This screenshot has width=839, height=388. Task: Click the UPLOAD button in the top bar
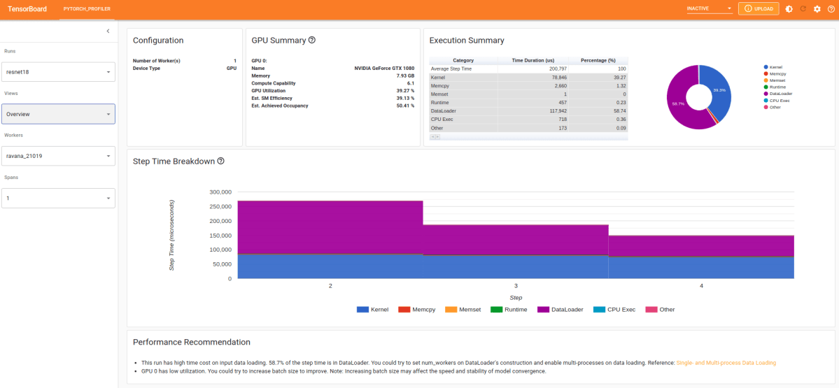(x=759, y=9)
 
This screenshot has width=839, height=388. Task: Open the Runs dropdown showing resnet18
(x=59, y=72)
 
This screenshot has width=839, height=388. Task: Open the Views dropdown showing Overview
(x=59, y=114)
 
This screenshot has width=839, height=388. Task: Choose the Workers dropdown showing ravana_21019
(x=59, y=156)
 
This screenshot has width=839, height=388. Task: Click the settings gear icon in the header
(x=817, y=9)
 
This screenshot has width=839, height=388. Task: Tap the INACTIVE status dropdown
(x=709, y=9)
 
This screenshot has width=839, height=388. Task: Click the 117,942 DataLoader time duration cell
(x=533, y=110)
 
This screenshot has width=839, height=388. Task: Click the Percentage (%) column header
(x=598, y=60)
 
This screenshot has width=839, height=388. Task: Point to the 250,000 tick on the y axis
(x=220, y=206)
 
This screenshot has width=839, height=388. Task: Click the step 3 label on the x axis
(x=516, y=286)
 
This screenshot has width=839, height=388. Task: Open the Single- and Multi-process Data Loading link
(x=726, y=363)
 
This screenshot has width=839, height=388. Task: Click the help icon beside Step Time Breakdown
(x=221, y=161)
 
